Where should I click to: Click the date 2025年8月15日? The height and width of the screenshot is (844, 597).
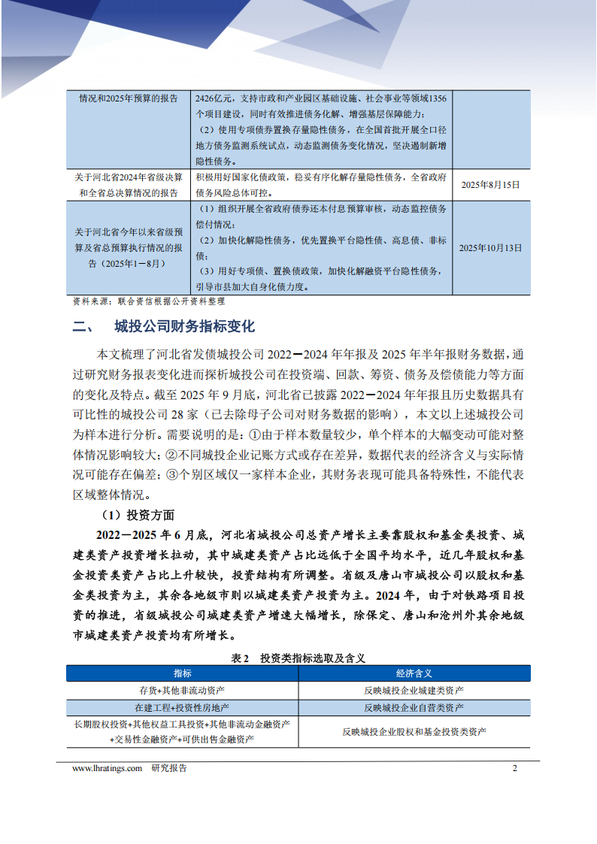coord(490,184)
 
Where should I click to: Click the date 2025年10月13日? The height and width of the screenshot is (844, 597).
coord(490,247)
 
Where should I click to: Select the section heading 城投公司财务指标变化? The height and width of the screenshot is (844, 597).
coord(185,327)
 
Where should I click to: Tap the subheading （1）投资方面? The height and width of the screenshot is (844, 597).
coord(138,515)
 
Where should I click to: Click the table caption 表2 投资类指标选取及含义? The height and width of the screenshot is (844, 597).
coord(298,658)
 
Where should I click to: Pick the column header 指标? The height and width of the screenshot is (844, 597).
coord(182,673)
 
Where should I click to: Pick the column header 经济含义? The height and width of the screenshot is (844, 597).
coord(414,673)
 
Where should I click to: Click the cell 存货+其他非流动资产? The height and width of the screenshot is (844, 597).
coord(182,691)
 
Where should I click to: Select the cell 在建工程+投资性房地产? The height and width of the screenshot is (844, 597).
coord(182,708)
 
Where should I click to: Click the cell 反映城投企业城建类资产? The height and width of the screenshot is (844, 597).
coord(414,691)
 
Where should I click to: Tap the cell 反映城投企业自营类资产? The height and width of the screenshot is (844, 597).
coord(414,708)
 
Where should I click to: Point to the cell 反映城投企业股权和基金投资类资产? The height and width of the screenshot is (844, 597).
coord(414,731)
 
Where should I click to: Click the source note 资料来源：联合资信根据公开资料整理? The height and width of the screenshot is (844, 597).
coord(149,301)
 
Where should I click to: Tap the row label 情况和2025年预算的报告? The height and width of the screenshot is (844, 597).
coord(129,98)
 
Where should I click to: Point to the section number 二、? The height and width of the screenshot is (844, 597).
coord(81,327)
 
